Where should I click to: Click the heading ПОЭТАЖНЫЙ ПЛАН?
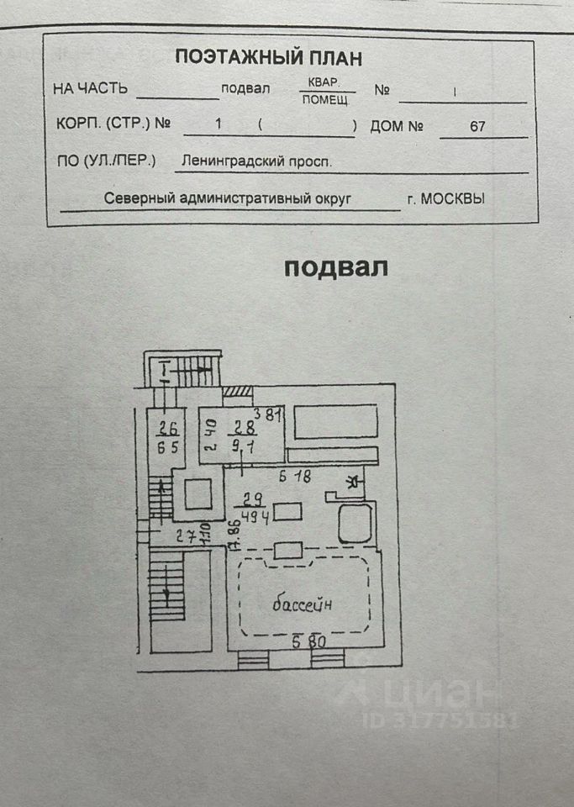pos(268,58)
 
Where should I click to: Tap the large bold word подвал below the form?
pos(335,267)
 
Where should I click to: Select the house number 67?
pos(477,126)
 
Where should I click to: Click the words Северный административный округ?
pos(226,199)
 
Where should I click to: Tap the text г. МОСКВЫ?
pos(445,199)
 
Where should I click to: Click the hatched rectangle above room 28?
pos(238,392)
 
